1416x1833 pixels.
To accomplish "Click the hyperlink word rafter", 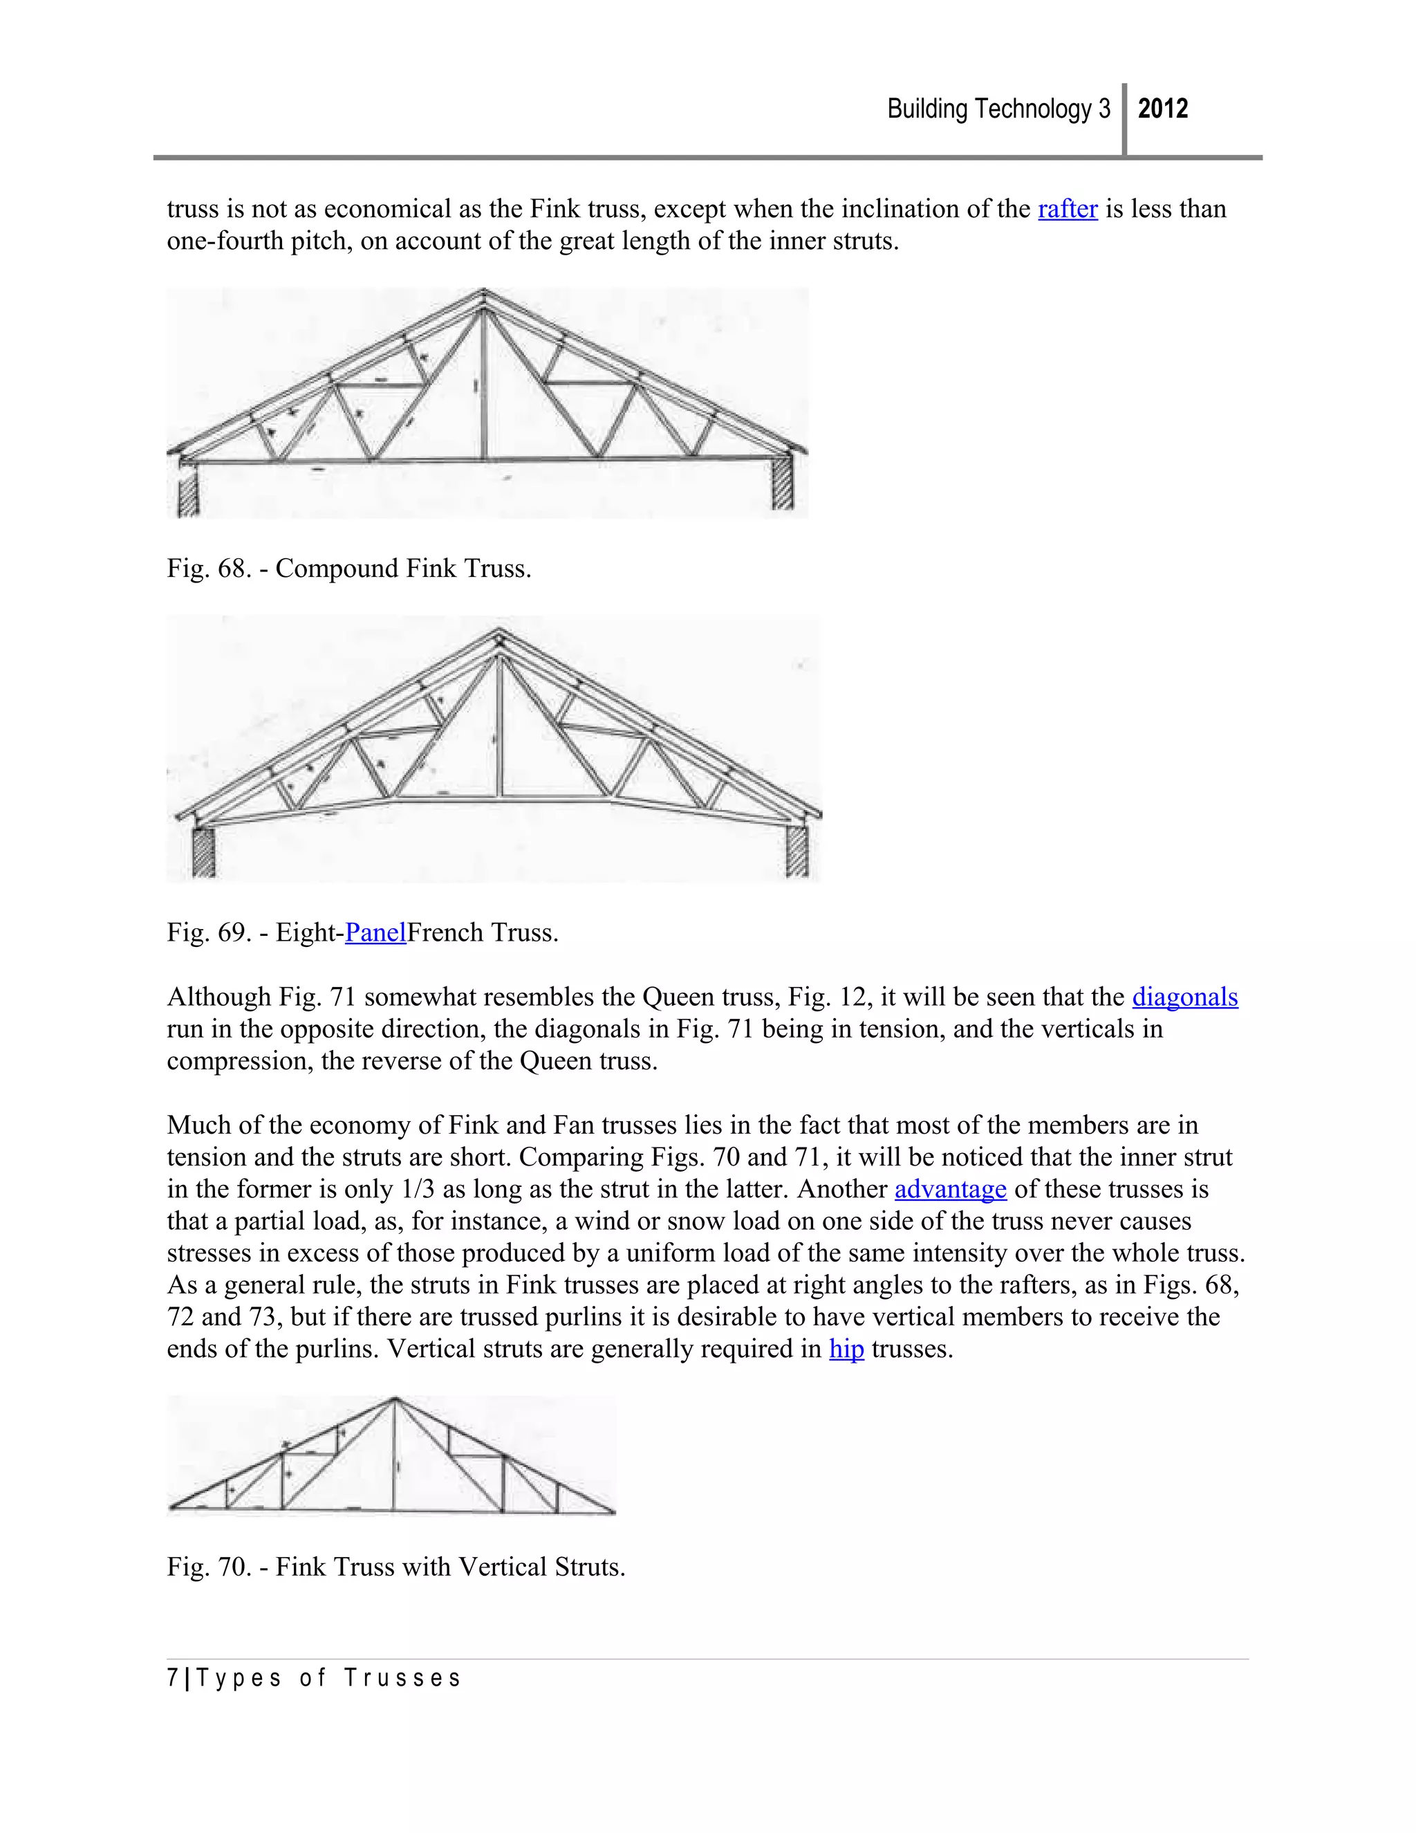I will tap(1067, 209).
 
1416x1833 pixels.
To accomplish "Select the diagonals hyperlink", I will tap(1184, 997).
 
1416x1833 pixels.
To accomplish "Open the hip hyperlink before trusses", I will tap(846, 1349).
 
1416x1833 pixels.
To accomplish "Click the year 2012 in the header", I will tap(1163, 109).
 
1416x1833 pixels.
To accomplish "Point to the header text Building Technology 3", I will tap(998, 109).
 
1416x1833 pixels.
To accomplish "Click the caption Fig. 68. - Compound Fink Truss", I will tap(349, 569).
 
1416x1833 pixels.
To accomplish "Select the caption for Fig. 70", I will tap(396, 1567).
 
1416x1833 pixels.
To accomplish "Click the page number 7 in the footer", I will tap(172, 1679).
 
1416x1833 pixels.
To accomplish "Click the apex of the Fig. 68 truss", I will tap(483, 293).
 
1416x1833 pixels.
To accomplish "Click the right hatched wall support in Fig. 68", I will tap(782, 485).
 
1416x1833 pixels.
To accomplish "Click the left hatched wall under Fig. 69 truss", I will tap(204, 853).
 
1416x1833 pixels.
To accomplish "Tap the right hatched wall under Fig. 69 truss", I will tap(797, 851).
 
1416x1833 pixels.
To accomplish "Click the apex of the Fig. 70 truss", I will tap(394, 1399).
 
